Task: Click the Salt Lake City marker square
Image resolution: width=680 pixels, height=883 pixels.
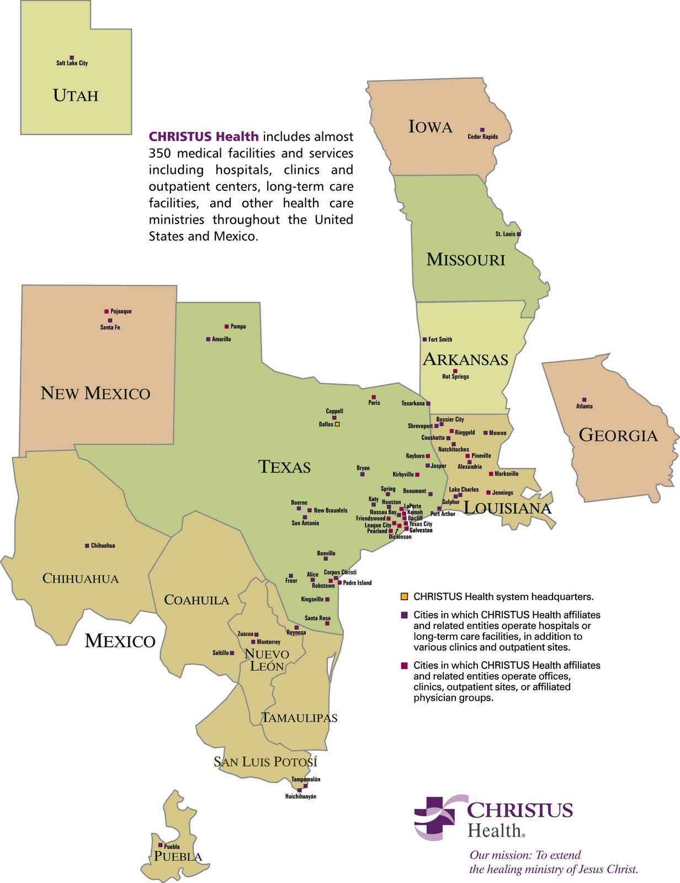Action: [72, 57]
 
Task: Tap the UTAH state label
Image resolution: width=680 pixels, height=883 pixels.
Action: [76, 95]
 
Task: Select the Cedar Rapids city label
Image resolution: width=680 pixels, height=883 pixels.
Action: [482, 137]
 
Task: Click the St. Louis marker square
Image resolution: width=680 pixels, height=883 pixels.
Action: [519, 234]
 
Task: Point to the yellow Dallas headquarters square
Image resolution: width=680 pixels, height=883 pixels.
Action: [337, 424]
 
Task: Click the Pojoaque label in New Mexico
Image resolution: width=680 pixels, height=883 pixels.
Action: [121, 312]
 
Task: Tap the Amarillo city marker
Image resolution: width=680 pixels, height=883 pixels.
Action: [208, 339]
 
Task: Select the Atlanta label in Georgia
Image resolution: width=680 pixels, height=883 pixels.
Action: [584, 407]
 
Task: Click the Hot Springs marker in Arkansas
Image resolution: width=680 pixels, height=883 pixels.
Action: [455, 371]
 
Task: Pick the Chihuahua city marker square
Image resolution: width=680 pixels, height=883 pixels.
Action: [87, 546]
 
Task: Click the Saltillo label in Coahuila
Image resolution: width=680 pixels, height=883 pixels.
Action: [220, 653]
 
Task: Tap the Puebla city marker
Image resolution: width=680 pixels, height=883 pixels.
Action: [161, 845]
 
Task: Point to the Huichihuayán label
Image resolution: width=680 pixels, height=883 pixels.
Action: [300, 797]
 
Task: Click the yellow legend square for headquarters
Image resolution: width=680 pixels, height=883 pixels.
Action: [404, 597]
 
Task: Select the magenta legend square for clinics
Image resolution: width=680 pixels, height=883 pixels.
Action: [404, 666]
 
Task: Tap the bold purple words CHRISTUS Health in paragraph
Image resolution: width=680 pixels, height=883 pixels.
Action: [203, 136]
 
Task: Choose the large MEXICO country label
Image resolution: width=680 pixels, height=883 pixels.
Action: [120, 641]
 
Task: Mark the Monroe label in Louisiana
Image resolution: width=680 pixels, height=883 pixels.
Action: [497, 433]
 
